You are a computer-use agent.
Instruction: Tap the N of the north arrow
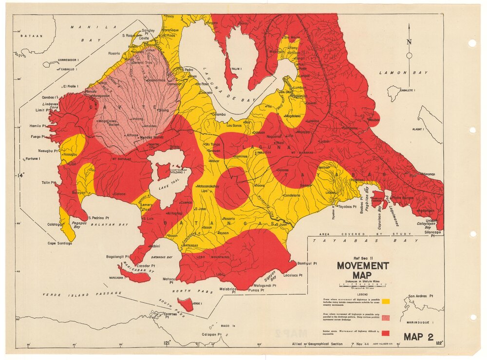click(x=409, y=42)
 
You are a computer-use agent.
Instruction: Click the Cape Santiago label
click(x=59, y=243)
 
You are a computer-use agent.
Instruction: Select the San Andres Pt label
click(x=420, y=296)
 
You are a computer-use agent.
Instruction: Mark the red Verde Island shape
click(x=186, y=305)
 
